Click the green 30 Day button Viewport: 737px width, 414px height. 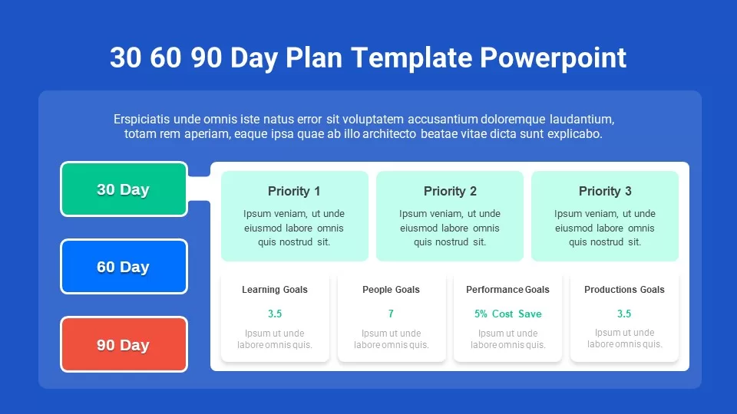pos(124,189)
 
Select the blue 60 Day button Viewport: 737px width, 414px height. pos(124,267)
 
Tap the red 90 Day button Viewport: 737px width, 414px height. pos(124,344)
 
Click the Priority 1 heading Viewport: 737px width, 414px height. pos(294,191)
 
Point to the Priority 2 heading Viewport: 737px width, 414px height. pos(450,191)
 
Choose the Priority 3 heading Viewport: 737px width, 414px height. pos(605,191)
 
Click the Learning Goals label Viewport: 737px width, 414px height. pos(275,290)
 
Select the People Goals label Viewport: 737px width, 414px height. pos(391,290)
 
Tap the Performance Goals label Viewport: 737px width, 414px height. pos(507,290)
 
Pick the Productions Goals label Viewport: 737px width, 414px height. pos(624,290)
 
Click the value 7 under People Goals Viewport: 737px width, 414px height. pos(391,314)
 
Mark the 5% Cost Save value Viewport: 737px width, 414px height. pos(507,314)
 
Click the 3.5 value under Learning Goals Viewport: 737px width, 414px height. pos(275,314)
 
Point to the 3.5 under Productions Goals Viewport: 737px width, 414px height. pos(624,314)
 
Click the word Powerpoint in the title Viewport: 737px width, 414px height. pos(553,58)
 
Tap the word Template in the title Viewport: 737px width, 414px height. pos(411,58)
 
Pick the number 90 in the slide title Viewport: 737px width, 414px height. pos(207,58)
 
